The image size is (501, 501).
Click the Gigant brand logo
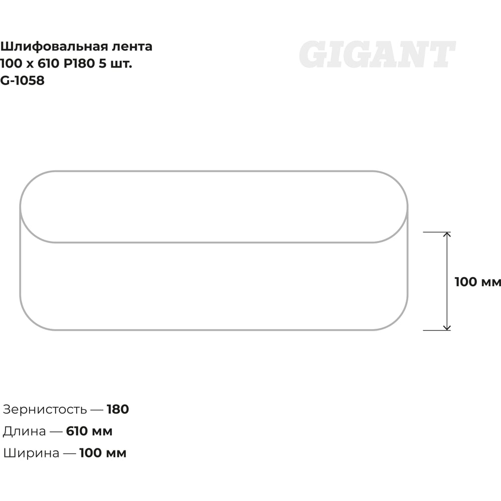point(377,54)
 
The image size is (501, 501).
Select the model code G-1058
point(22,81)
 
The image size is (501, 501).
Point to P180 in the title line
point(79,64)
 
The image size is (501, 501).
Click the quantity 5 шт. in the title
point(115,64)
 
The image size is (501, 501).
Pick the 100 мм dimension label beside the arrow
point(477,282)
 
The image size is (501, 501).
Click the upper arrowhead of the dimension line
point(447,234)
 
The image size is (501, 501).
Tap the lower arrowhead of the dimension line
point(447,328)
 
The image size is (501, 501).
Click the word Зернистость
point(45,409)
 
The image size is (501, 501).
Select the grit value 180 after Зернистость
point(118,409)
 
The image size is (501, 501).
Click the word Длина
point(24,431)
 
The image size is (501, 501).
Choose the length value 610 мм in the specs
point(89,431)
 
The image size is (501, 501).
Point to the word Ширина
point(31,453)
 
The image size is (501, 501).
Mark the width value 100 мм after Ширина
point(103,453)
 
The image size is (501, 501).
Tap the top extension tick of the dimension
point(437,232)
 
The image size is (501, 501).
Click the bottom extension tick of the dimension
point(437,330)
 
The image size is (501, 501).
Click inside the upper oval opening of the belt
point(214,207)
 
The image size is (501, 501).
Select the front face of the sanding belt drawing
point(214,286)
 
